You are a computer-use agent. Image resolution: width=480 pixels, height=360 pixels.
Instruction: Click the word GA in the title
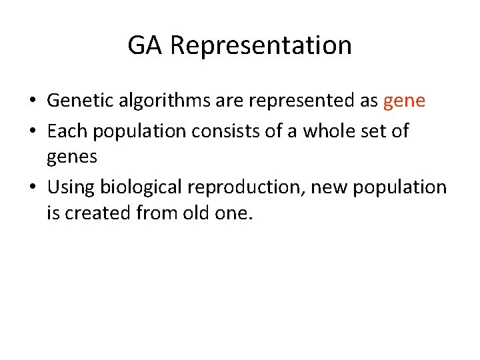(145, 45)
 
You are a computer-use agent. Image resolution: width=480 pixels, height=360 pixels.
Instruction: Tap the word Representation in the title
(261, 45)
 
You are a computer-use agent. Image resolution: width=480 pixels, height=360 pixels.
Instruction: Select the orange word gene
(404, 101)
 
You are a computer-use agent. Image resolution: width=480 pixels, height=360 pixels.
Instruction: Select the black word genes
(72, 158)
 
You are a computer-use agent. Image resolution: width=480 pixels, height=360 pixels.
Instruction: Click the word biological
(143, 187)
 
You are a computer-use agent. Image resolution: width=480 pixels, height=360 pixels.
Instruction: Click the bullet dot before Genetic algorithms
(33, 102)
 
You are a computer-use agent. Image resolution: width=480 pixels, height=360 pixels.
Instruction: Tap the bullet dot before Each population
(33, 132)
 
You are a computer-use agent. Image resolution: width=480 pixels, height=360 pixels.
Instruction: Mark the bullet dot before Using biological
(33, 188)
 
